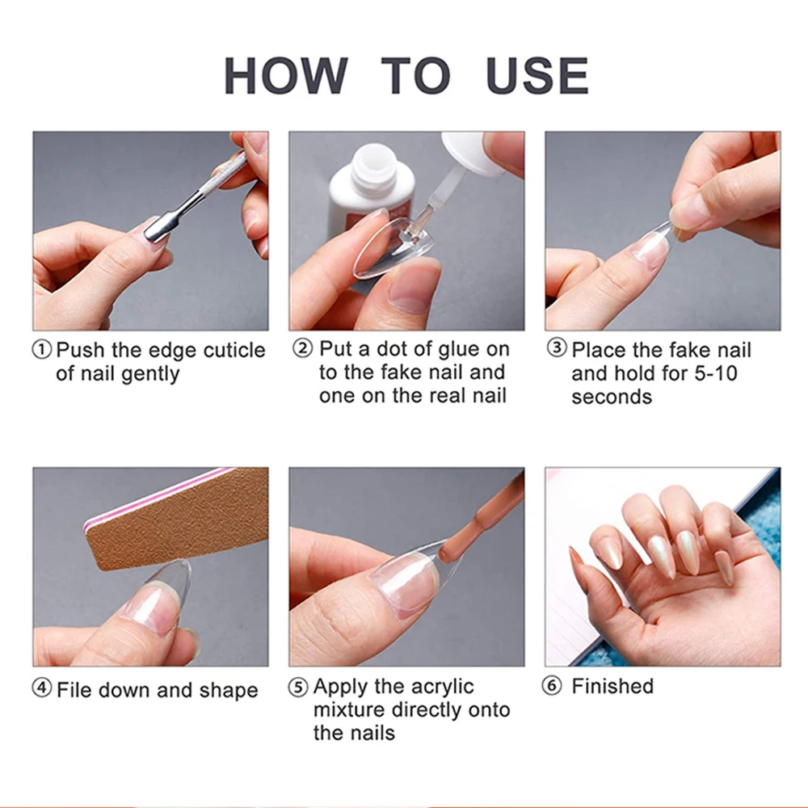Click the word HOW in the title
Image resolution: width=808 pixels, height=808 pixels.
coord(286,75)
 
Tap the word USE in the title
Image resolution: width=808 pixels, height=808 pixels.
coord(537,75)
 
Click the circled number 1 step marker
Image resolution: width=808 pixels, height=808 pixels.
coord(42,350)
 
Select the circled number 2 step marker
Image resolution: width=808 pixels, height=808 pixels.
coord(302,348)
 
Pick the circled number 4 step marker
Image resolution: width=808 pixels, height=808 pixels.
coord(42,688)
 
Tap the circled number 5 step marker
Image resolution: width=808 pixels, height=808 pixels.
coord(298,687)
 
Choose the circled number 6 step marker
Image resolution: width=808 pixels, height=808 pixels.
coord(552,686)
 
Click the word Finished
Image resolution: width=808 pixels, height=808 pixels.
coord(612,686)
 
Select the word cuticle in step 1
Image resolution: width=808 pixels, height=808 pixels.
coord(234,351)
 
